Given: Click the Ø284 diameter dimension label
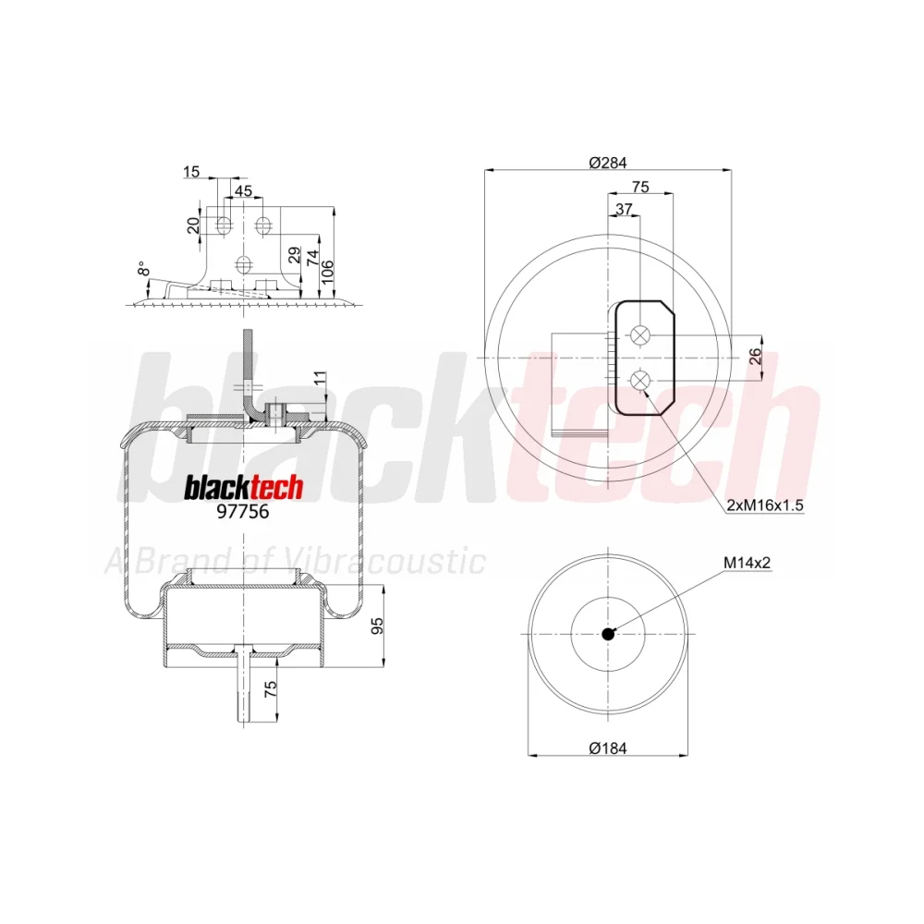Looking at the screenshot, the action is click(x=608, y=162).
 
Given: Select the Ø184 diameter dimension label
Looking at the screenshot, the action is click(x=608, y=748).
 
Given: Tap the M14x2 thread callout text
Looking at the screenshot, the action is click(x=747, y=563).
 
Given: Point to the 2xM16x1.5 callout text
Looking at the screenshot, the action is click(x=765, y=505).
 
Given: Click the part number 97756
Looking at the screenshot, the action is click(x=243, y=511).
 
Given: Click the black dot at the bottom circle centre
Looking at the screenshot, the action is click(x=608, y=634).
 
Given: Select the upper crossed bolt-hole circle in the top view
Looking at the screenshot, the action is click(x=639, y=335).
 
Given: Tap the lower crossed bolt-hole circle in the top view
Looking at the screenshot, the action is click(x=639, y=380).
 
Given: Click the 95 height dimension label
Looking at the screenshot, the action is click(x=377, y=626).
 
